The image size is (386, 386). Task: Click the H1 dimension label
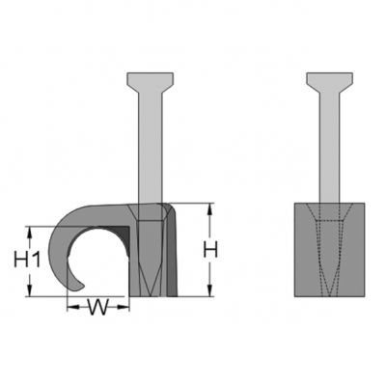(x=27, y=260)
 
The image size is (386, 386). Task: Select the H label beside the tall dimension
(x=210, y=250)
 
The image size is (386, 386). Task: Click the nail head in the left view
(x=151, y=83)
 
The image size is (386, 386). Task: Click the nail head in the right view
(x=329, y=83)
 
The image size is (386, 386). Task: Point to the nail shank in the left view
(x=151, y=148)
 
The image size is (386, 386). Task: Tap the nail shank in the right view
(x=329, y=148)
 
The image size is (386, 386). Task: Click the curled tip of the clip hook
(x=79, y=286)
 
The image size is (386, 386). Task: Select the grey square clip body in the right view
(x=329, y=250)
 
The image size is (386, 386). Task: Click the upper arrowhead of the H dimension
(x=209, y=209)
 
